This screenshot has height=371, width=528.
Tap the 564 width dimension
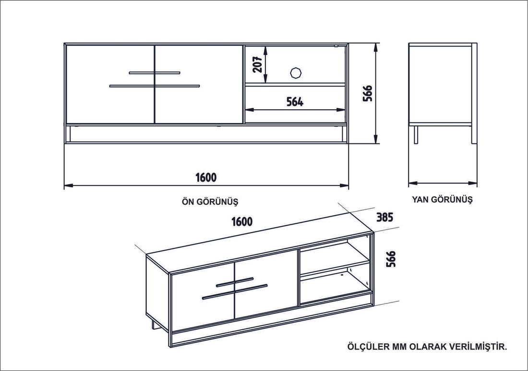pyautogui.click(x=295, y=102)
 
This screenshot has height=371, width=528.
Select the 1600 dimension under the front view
pyautogui.click(x=206, y=177)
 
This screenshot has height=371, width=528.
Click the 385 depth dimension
pyautogui.click(x=384, y=217)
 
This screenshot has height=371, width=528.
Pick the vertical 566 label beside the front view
pyautogui.click(x=368, y=93)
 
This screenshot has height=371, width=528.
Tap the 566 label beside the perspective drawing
pyautogui.click(x=391, y=259)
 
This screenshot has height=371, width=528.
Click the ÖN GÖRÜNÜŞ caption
pyautogui.click(x=210, y=202)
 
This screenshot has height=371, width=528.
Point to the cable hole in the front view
pyautogui.click(x=295, y=72)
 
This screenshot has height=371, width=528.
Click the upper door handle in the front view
pyautogui.click(x=155, y=73)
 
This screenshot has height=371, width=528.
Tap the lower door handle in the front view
pyautogui.click(x=155, y=86)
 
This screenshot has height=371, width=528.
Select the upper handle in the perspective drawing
pyautogui.click(x=234, y=282)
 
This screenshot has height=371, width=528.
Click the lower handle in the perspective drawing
pyautogui.click(x=235, y=291)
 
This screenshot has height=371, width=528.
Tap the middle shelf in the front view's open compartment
pyautogui.click(x=295, y=84)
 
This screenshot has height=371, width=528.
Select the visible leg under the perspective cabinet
pyautogui.click(x=153, y=324)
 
